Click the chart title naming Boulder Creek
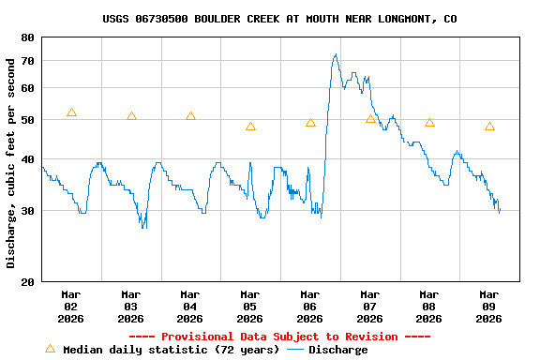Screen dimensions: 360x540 coord(280,19)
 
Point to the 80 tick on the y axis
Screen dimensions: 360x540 coord(25,37)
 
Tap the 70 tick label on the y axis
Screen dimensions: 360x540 coord(25,61)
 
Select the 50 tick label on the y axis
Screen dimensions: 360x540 coord(25,121)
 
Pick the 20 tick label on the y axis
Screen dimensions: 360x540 coord(25,281)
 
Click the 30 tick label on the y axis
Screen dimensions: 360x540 coord(25,211)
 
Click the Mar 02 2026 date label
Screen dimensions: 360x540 coord(70,306)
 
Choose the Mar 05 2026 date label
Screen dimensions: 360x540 coord(250,306)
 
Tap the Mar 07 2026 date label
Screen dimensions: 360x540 coord(369,306)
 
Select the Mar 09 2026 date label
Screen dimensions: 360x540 coord(489,306)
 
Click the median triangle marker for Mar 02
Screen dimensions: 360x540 coord(71,112)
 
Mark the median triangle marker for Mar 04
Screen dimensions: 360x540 coord(190,116)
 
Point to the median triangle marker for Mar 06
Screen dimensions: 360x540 coord(310,123)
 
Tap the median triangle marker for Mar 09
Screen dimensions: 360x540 coord(489,127)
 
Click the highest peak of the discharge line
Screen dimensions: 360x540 coord(336,54)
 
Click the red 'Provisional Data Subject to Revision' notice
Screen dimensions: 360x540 coord(279,337)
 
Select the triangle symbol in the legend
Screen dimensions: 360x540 coord(51,349)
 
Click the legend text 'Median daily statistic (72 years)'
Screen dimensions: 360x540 coord(171,350)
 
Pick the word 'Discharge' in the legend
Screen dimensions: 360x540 coord(338,350)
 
